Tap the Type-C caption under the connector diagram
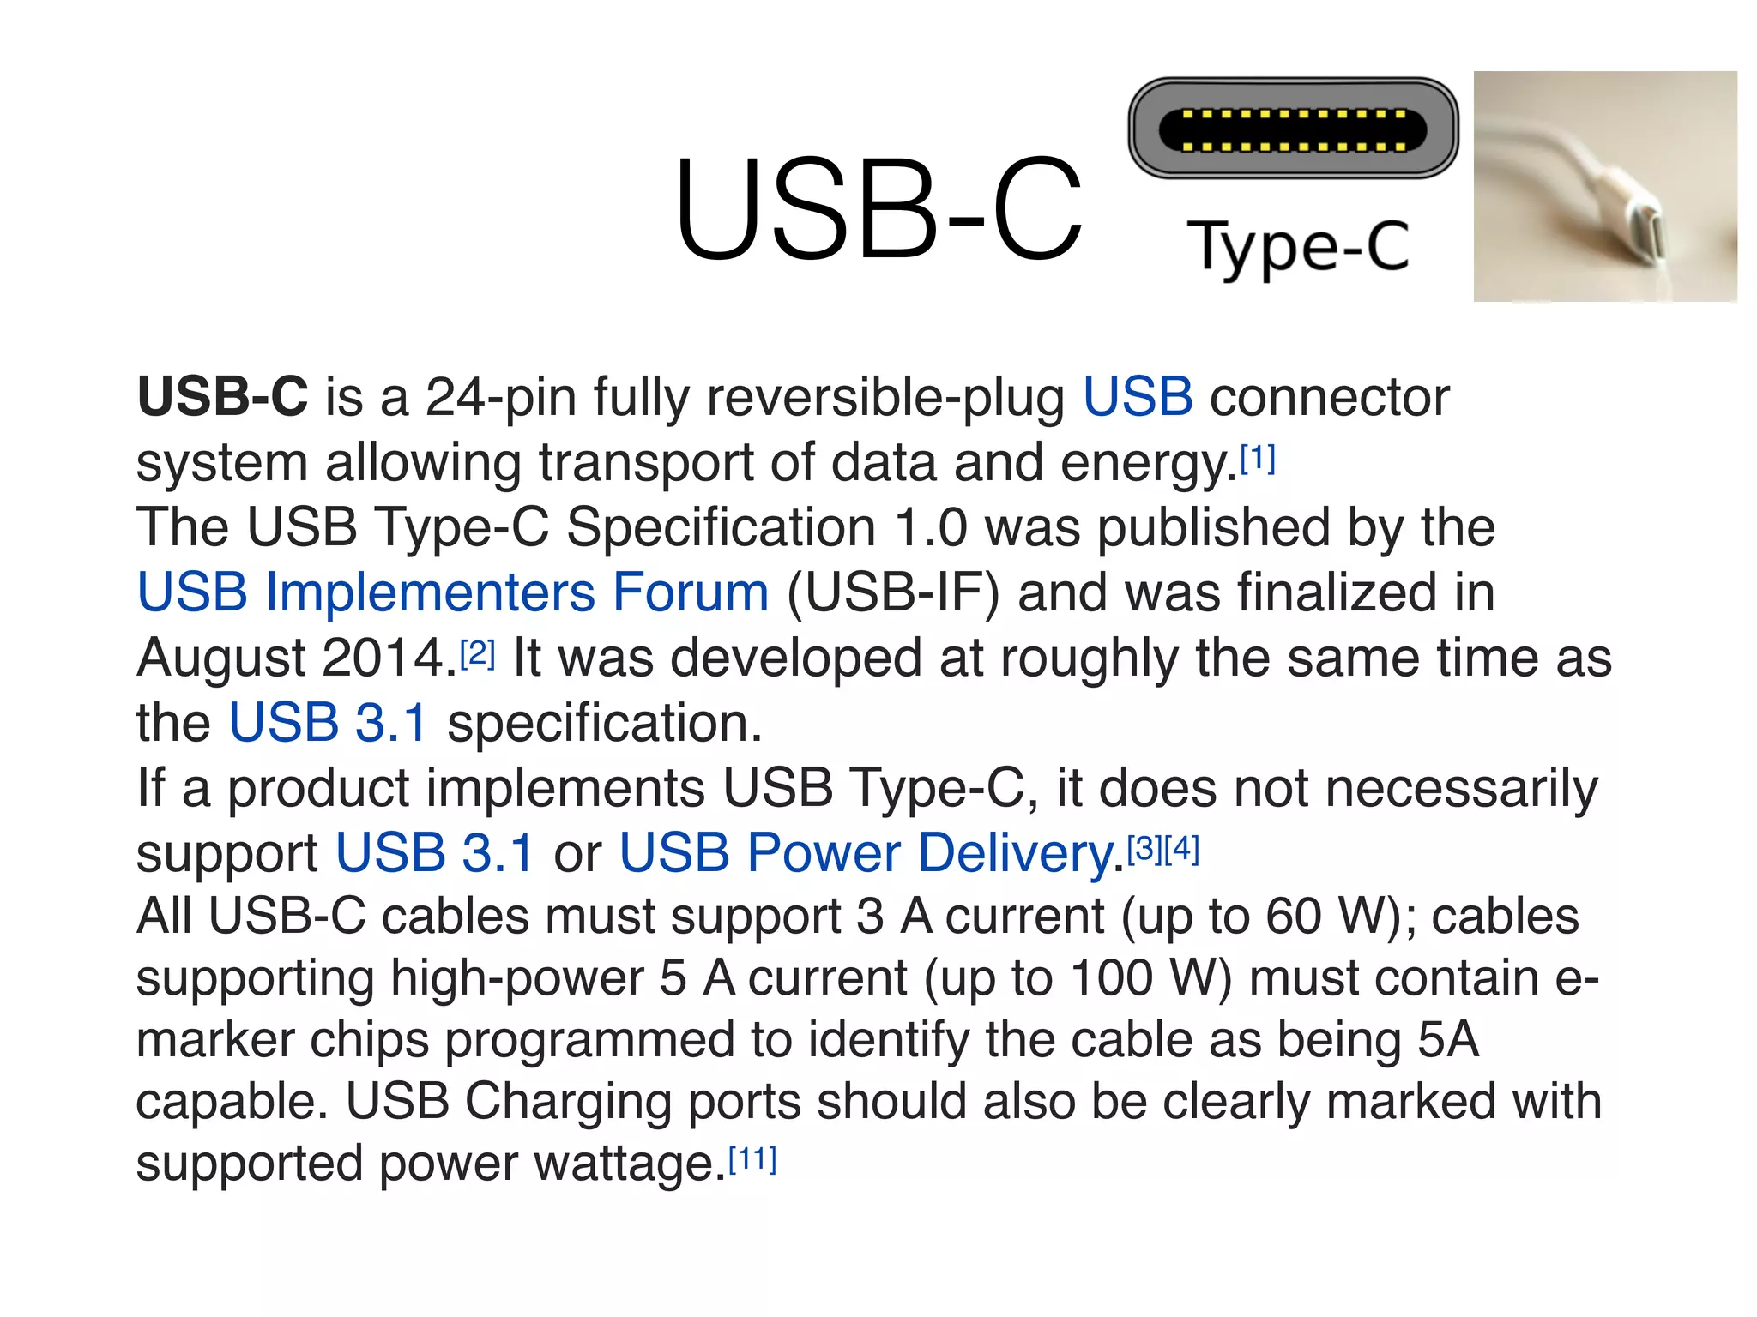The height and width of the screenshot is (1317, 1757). (x=1297, y=247)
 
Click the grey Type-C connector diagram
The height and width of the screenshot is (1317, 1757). (x=1293, y=129)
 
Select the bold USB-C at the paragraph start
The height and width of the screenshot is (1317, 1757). (x=222, y=397)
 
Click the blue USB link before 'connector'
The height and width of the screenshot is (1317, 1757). (x=1137, y=397)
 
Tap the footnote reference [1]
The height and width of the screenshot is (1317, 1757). (x=1258, y=460)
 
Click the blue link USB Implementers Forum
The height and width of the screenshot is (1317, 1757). (x=453, y=592)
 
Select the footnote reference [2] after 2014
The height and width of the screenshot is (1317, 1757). (x=478, y=655)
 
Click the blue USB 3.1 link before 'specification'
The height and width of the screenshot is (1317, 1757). (x=328, y=723)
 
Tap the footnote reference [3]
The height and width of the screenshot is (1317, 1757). (x=1144, y=849)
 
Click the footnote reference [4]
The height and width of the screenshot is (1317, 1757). (x=1181, y=849)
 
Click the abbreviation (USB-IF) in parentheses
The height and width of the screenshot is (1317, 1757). (x=893, y=593)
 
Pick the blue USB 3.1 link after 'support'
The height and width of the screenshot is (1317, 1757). (x=434, y=853)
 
